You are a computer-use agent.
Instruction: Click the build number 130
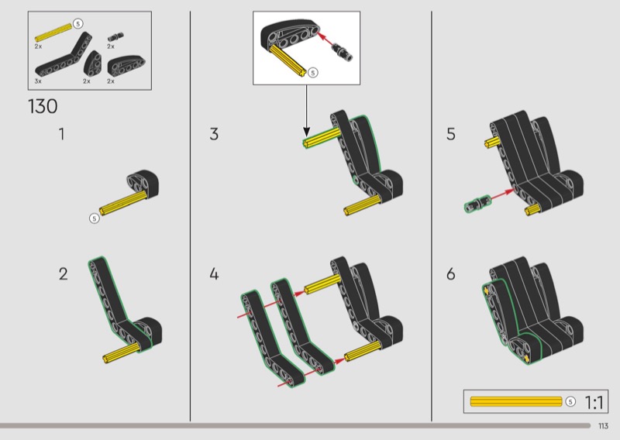tap(43, 106)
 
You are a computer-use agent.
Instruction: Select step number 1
tap(62, 134)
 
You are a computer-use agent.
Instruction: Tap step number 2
tap(64, 273)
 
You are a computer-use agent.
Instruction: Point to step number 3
tap(214, 134)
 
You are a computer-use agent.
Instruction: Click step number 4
tap(214, 273)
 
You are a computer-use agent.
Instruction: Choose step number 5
tap(451, 134)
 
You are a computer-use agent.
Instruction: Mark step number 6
tap(451, 273)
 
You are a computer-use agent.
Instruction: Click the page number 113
tap(603, 426)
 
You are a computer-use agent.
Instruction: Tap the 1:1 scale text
tap(594, 402)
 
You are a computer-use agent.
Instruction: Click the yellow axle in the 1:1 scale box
tap(516, 402)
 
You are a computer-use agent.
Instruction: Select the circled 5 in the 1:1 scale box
tap(571, 402)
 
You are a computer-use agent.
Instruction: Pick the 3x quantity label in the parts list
tap(38, 81)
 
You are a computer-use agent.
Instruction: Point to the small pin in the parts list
tap(117, 36)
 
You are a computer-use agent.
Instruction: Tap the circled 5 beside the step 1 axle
tap(95, 218)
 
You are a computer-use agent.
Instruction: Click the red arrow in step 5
tap(500, 195)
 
